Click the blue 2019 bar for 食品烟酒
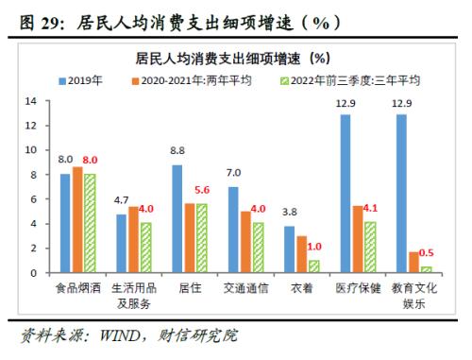coord(66,224)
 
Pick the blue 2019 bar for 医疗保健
coord(346,194)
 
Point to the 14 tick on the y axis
coord(30,101)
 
